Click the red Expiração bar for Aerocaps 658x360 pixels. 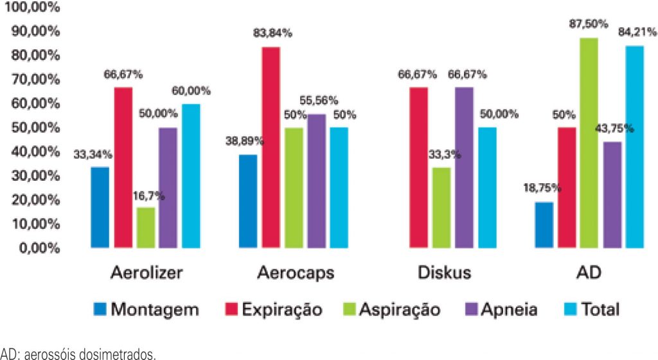pyautogui.click(x=271, y=147)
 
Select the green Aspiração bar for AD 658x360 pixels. pyautogui.click(x=589, y=143)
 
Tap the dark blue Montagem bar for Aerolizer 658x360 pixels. pyautogui.click(x=100, y=207)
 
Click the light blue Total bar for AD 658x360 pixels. pyautogui.click(x=635, y=147)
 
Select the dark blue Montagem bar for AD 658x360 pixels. pyautogui.click(x=544, y=224)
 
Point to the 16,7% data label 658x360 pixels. pyautogui.click(x=147, y=195)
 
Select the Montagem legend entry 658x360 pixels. pyautogui.click(x=145, y=309)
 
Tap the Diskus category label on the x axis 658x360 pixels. pyautogui.click(x=441, y=273)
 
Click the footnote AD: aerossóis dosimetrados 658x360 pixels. pyautogui.click(x=78, y=353)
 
